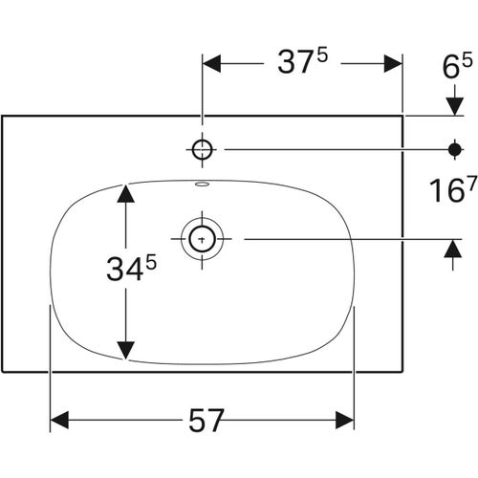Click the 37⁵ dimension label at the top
pyautogui.click(x=303, y=62)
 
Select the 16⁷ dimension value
pyautogui.click(x=453, y=189)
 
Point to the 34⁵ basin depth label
pyautogui.click(x=132, y=269)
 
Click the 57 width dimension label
pyautogui.click(x=206, y=421)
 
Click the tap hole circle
pyautogui.click(x=203, y=149)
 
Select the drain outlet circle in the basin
pyautogui.click(x=202, y=239)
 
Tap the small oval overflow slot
pyautogui.click(x=202, y=184)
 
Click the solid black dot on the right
pyautogui.click(x=454, y=149)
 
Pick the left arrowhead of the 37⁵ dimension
pyautogui.click(x=211, y=63)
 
